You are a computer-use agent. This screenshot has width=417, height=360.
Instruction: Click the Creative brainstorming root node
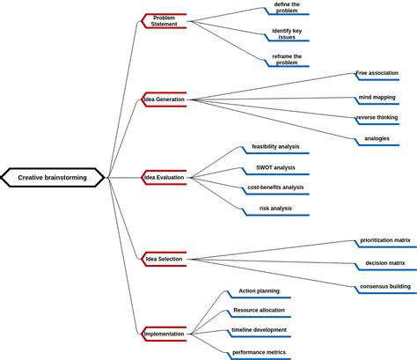54,178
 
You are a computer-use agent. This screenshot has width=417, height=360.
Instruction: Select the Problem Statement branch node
164,21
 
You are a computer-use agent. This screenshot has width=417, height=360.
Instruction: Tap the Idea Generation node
165,99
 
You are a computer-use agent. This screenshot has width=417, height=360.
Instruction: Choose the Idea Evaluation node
165,178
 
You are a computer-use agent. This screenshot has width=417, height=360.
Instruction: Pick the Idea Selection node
165,259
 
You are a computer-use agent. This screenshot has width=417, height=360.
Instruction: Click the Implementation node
165,334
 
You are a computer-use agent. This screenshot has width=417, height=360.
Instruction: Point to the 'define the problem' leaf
287,8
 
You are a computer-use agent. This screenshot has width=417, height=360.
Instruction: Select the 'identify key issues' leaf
287,34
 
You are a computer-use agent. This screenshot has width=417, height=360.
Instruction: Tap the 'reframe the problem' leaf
287,60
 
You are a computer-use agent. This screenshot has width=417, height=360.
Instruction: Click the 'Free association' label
377,73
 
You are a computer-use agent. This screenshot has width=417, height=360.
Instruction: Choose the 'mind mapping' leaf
377,98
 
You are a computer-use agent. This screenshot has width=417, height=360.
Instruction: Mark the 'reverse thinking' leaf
377,118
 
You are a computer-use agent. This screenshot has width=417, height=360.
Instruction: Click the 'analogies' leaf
377,139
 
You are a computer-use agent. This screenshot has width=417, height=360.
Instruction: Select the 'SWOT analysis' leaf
275,167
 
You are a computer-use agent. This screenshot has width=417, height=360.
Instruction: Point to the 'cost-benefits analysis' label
275,187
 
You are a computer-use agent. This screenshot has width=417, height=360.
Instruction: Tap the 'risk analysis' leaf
275,209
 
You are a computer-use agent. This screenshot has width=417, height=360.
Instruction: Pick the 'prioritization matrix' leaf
384,240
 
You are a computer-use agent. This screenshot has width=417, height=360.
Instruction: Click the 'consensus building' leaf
384,287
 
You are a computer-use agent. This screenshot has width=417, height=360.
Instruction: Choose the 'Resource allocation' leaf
259,311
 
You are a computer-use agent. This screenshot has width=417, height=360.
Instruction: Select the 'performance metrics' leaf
259,353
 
